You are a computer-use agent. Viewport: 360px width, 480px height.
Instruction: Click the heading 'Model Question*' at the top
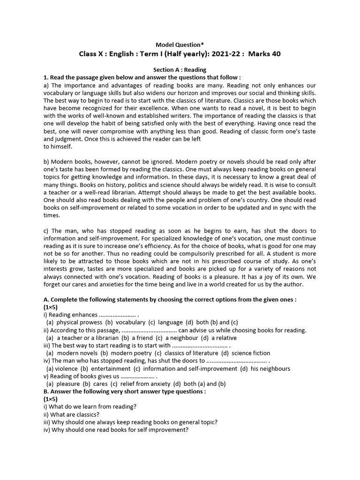coord(180,44)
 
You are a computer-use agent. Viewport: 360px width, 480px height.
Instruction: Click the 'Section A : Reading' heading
coord(180,70)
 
